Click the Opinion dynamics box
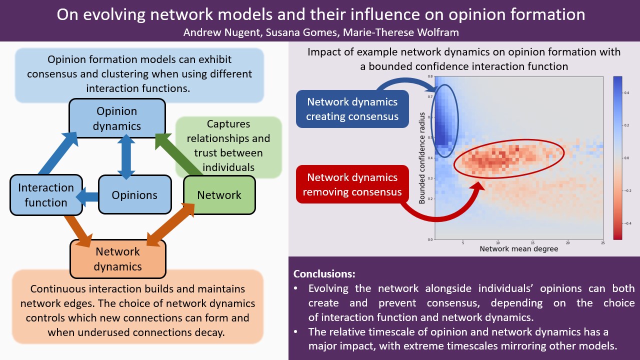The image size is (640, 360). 117,118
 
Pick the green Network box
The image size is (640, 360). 219,195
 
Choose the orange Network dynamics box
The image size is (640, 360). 118,258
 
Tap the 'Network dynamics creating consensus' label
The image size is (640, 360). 352,109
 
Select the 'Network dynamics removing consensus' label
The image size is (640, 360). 352,184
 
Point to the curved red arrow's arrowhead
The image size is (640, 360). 478,186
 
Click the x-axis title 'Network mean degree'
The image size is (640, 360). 518,248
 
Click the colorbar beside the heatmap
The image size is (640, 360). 617,158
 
